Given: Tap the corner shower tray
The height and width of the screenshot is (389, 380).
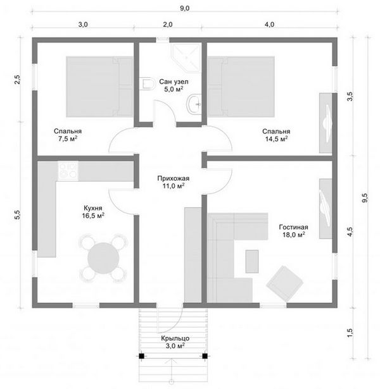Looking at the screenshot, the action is (x=186, y=58).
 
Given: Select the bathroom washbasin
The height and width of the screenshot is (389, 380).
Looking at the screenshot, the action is (x=194, y=104).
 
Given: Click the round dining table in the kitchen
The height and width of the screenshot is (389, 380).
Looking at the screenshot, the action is (x=103, y=258).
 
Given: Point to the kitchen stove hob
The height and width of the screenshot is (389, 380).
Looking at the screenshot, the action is (x=68, y=170).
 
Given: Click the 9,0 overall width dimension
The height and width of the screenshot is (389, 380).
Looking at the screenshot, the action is (x=184, y=8).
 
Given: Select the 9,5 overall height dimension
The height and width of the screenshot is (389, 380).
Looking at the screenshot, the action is (x=365, y=198).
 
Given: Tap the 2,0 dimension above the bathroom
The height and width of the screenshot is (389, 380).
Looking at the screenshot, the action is (x=168, y=24).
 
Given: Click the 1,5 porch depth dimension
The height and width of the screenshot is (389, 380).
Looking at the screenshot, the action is (x=350, y=333).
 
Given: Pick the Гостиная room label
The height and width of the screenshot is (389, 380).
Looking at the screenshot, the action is (x=293, y=227).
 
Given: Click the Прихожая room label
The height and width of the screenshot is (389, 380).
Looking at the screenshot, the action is (x=173, y=178).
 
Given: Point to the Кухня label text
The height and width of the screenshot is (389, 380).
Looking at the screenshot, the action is (x=93, y=208).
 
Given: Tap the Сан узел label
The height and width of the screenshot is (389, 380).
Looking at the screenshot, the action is (x=174, y=82).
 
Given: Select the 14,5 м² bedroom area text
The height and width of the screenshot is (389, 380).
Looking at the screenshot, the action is (x=276, y=139).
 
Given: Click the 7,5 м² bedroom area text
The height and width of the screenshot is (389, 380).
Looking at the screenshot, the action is (x=68, y=139).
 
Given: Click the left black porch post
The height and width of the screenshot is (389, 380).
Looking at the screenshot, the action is (x=142, y=356).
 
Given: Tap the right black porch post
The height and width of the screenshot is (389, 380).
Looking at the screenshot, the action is (x=205, y=356).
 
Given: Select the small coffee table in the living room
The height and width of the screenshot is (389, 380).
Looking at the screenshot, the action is (x=252, y=261).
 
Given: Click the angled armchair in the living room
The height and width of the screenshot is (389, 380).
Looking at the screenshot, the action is (x=284, y=284).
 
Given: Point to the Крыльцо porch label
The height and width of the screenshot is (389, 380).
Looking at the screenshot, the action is (x=175, y=338).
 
